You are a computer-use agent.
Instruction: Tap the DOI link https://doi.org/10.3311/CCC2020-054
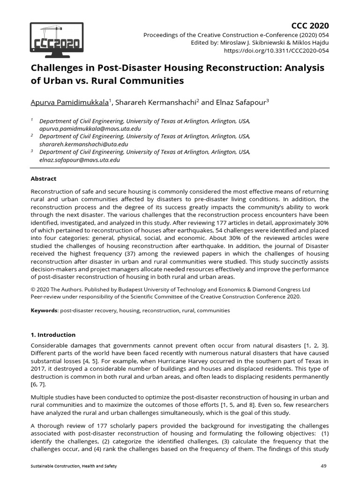pyautogui.click(x=277, y=50)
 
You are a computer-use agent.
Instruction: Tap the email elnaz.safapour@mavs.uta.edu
pyautogui.click(x=80, y=160)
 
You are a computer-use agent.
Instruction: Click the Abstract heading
pyautogui.click(x=44, y=179)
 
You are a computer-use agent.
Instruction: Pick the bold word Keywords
pyautogui.click(x=44, y=310)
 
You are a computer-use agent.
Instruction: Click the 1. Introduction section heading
pyautogui.click(x=53, y=335)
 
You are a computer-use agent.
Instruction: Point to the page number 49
pyautogui.click(x=323, y=465)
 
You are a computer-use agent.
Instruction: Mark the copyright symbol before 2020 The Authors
pyautogui.click(x=33, y=289)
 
